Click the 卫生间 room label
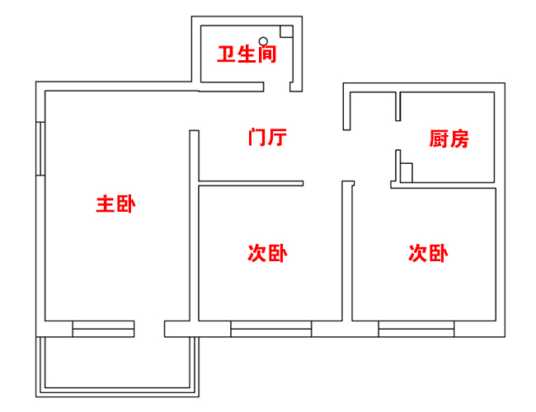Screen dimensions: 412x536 click(x=246, y=55)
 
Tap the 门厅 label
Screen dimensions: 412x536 click(x=267, y=137)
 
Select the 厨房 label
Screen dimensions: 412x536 click(x=449, y=138)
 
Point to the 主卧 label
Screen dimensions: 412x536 click(x=115, y=204)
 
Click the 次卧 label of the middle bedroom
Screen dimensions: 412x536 click(x=267, y=253)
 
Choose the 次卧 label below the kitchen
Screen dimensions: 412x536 click(x=428, y=253)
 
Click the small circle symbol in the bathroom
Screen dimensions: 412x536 click(x=263, y=40)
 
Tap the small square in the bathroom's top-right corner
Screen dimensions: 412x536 click(x=286, y=31)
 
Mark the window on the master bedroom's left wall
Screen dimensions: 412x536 click(x=40, y=148)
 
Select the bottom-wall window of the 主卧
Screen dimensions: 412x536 click(x=103, y=329)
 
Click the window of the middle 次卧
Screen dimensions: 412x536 click(x=270, y=329)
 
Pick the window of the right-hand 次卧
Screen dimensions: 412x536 click(x=416, y=329)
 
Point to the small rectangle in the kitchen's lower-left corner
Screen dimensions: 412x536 click(x=406, y=172)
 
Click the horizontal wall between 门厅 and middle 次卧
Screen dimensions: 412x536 click(x=251, y=183)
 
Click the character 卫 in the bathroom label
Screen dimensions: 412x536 click(x=226, y=55)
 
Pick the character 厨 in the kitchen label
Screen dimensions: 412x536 click(x=439, y=138)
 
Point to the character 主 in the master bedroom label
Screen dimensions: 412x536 click(x=105, y=204)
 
